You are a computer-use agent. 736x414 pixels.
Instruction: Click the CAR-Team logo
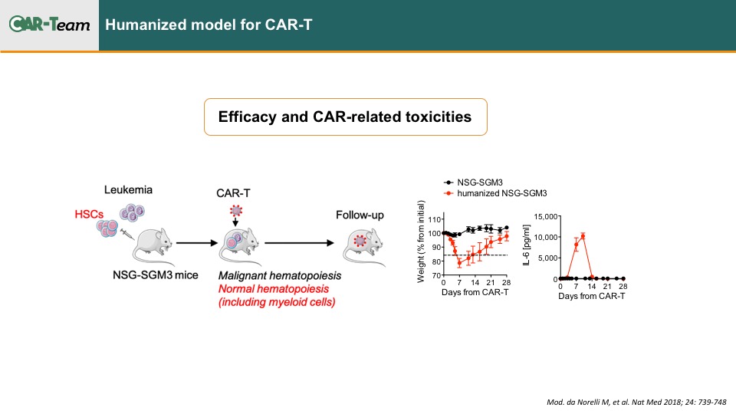pyautogui.click(x=49, y=24)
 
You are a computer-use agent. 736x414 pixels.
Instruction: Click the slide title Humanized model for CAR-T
pyautogui.click(x=209, y=25)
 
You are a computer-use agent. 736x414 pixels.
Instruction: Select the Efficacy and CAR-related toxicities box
pyautogui.click(x=346, y=117)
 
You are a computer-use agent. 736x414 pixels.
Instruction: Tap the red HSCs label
pyautogui.click(x=89, y=215)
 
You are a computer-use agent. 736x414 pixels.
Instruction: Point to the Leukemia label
pyautogui.click(x=128, y=189)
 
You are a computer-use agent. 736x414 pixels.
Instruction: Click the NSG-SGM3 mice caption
pyautogui.click(x=155, y=275)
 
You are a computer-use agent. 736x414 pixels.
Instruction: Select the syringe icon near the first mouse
pyautogui.click(x=127, y=234)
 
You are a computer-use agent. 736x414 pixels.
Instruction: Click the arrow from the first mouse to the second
pyautogui.click(x=197, y=243)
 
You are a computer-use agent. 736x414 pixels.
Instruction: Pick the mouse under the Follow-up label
pyautogui.click(x=363, y=246)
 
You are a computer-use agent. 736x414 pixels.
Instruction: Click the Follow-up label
pyautogui.click(x=360, y=215)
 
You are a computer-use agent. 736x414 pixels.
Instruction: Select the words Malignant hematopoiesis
pyautogui.click(x=280, y=275)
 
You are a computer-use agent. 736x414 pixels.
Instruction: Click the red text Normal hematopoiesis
pyautogui.click(x=274, y=289)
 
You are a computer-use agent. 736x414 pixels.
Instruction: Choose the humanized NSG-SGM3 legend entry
pyautogui.click(x=495, y=193)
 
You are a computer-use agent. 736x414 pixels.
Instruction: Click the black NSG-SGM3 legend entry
pyautogui.click(x=473, y=182)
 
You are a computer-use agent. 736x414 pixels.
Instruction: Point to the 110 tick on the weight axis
pyautogui.click(x=434, y=219)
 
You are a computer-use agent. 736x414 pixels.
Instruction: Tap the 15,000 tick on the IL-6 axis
pyautogui.click(x=545, y=216)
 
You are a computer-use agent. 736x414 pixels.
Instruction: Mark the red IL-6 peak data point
pyautogui.click(x=583, y=236)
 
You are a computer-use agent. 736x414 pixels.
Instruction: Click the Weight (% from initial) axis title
pyautogui.click(x=421, y=242)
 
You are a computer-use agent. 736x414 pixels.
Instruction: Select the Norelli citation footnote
pyautogui.click(x=636, y=402)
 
